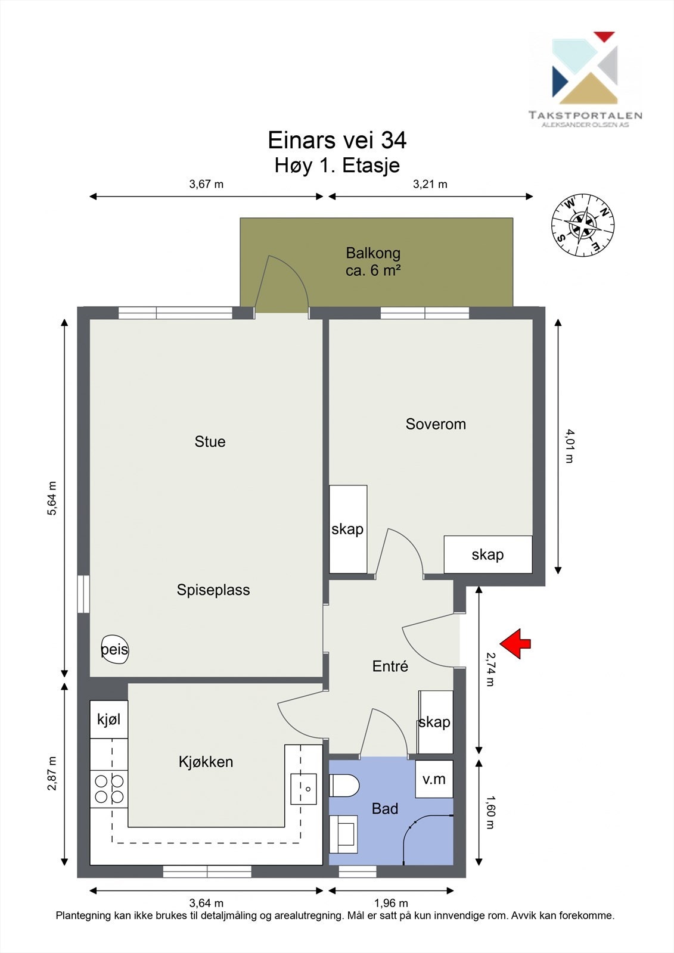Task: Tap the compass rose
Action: click(x=583, y=225)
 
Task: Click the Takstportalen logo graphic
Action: click(x=585, y=68)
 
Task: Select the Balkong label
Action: click(x=373, y=253)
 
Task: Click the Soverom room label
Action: click(x=436, y=424)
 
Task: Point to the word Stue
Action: click(x=210, y=441)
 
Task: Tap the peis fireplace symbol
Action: click(x=114, y=650)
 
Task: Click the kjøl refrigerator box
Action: click(x=109, y=720)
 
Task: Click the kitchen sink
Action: click(x=303, y=789)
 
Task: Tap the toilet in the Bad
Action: click(x=344, y=786)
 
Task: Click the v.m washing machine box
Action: click(x=434, y=780)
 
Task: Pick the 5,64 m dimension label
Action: click(x=51, y=498)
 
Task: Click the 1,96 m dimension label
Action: click(x=391, y=903)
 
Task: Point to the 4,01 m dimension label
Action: click(x=569, y=446)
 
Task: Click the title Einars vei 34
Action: click(x=337, y=140)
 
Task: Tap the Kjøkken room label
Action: click(x=206, y=762)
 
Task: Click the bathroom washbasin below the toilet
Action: click(x=344, y=834)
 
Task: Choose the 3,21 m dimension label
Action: click(x=430, y=184)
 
